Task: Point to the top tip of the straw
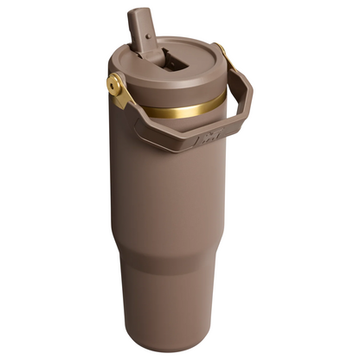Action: click(138, 12)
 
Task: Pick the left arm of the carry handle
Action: click(130, 109)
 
